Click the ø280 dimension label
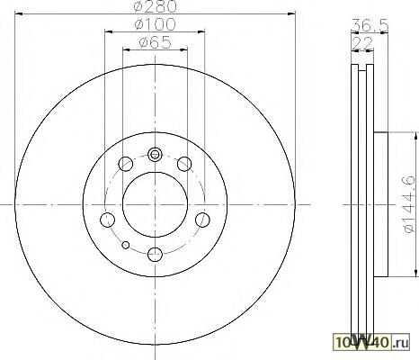(155, 6)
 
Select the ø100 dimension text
(155, 24)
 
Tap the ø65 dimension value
(155, 42)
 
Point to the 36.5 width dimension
(370, 25)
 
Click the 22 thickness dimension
(362, 44)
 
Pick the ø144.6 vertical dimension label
(410, 204)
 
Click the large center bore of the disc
(155, 204)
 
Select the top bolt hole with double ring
(155, 155)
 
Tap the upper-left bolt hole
(126, 164)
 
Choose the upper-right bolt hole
(184, 164)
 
